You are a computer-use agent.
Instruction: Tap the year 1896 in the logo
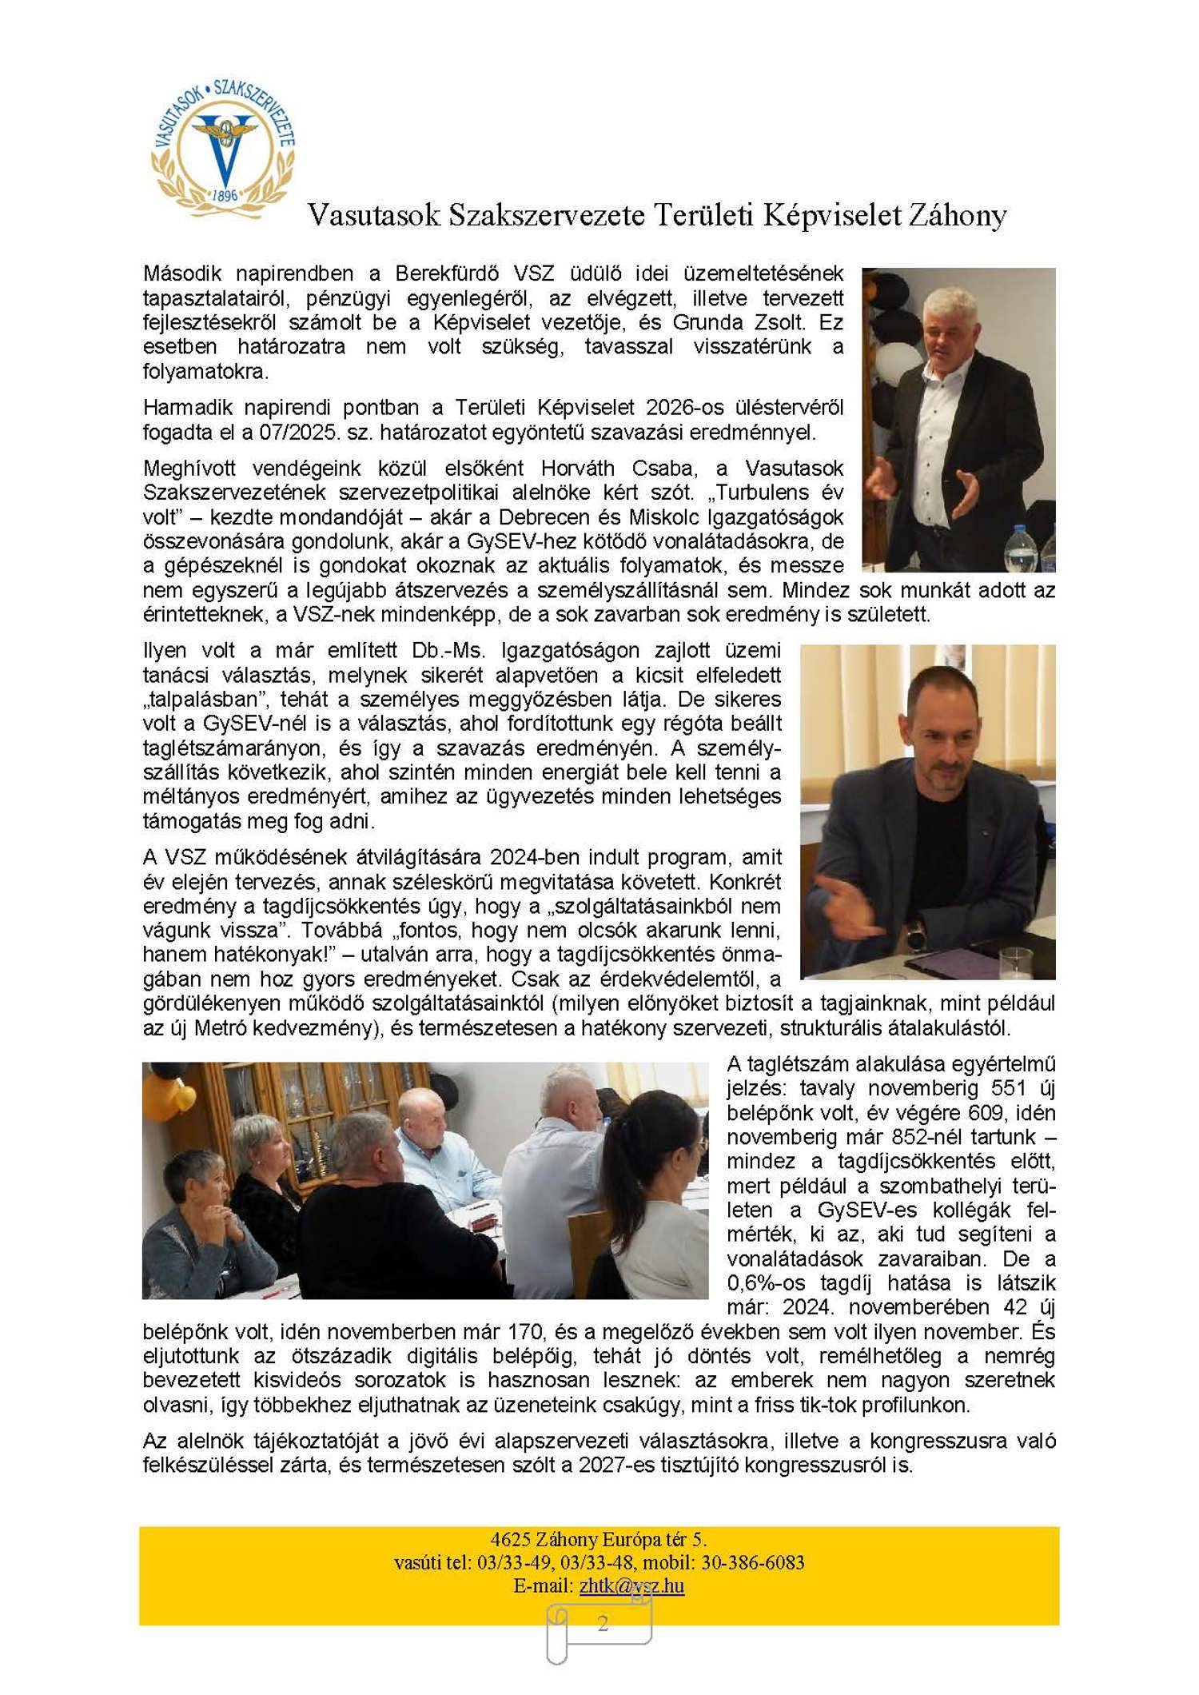click(225, 195)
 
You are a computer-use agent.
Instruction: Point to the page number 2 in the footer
click(603, 1622)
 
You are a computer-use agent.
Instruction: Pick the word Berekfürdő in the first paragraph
click(447, 273)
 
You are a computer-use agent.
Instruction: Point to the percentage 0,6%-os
click(767, 1282)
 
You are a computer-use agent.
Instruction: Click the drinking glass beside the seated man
click(1015, 963)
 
